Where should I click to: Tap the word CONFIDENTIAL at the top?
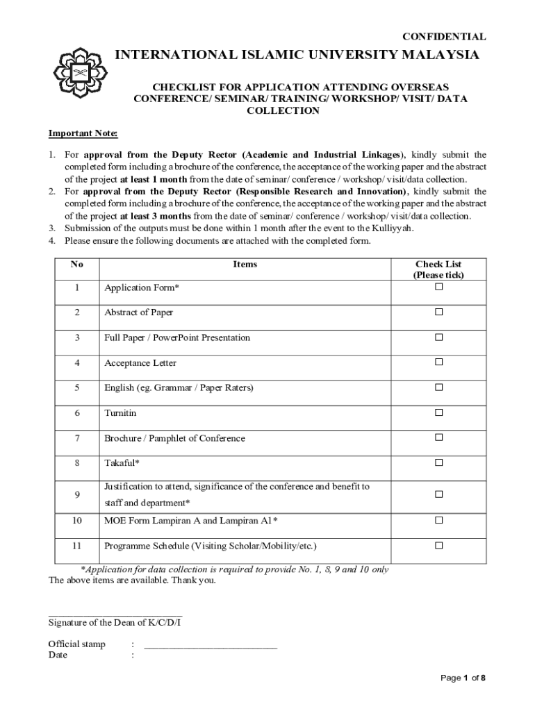445,37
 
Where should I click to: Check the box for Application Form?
438,287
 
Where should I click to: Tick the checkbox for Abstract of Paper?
438,312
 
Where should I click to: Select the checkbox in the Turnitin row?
438,412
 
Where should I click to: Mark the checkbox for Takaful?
438,462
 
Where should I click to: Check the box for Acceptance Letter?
438,362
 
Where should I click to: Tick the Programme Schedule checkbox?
438,546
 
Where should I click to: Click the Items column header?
245,265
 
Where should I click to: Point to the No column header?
76,265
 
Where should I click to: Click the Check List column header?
438,269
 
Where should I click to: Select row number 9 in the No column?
76,494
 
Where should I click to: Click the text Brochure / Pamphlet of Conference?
174,438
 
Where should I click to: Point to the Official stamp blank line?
211,646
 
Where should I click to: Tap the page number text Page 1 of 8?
463,678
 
